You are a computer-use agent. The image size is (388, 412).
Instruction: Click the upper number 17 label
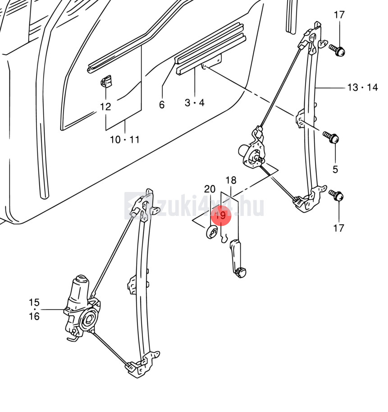tap(339, 15)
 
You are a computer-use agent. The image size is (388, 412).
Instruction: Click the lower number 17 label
tap(339, 228)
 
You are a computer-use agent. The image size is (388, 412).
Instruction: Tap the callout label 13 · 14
tap(362, 87)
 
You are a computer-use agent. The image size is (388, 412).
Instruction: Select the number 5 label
tap(335, 169)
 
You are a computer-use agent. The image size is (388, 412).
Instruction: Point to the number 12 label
tap(105, 107)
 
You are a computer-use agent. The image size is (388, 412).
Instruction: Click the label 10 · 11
tap(125, 140)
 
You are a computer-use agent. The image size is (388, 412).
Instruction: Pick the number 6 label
tap(162, 105)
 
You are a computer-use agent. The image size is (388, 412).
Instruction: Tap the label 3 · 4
tap(195, 103)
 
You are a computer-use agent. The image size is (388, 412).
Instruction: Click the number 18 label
tap(231, 181)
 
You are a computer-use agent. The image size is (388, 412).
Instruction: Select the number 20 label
tap(210, 189)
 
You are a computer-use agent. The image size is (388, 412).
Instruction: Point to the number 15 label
tap(34, 302)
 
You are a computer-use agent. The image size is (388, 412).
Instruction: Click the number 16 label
tap(34, 316)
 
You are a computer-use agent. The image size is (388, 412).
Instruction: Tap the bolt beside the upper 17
tap(338, 50)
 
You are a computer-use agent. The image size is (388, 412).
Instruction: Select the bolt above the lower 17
tap(338, 196)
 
